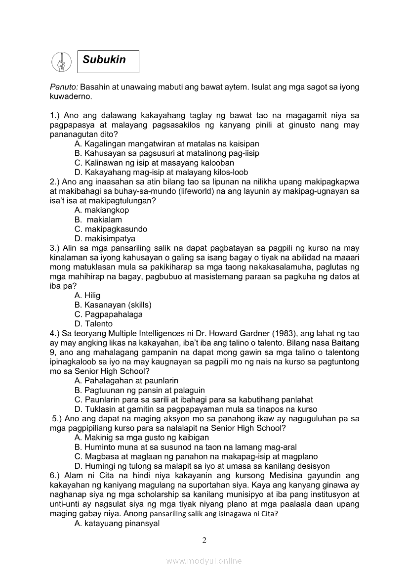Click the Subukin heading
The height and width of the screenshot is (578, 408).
104,60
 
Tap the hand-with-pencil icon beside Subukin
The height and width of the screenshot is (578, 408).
62,61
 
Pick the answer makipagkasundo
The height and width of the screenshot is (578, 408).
111,229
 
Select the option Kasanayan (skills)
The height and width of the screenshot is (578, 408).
113,305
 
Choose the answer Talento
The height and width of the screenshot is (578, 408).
93,324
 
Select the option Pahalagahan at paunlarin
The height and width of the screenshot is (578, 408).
126,381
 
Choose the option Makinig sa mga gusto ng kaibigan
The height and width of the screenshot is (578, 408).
142,438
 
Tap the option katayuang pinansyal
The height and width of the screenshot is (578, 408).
117,523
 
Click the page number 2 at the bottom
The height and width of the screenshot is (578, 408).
204,539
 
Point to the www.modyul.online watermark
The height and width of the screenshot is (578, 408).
204,561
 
